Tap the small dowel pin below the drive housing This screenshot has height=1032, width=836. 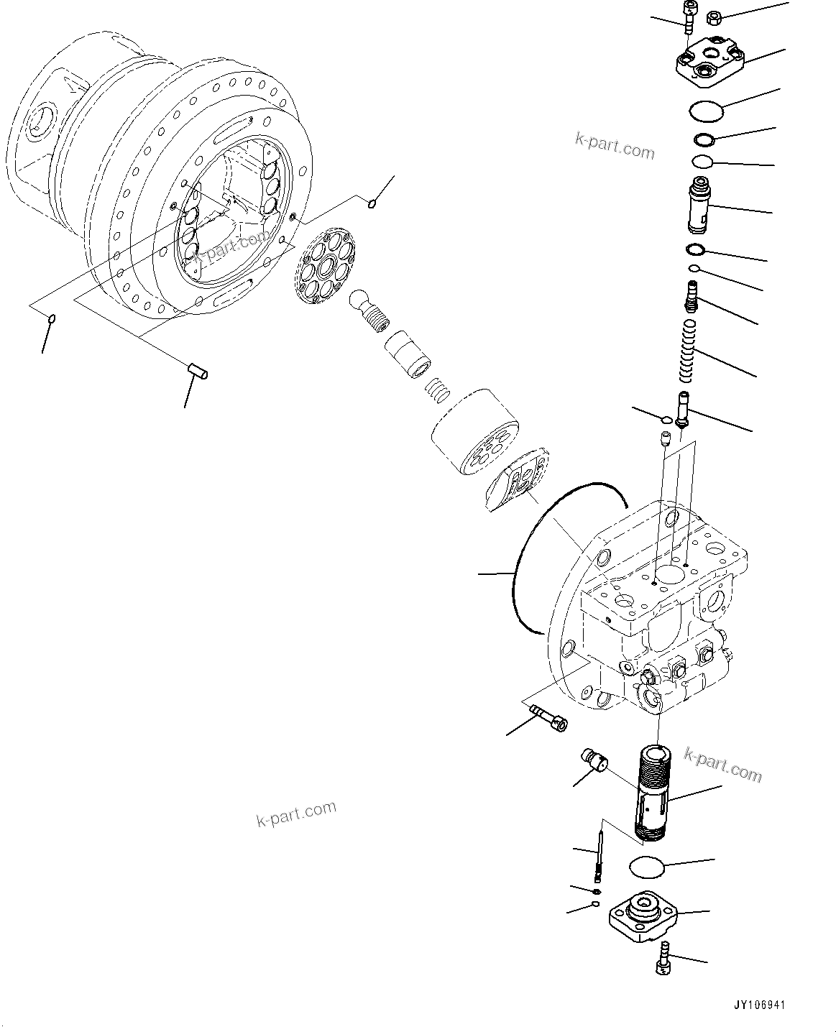coord(198,372)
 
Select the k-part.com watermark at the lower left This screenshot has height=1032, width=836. coord(296,814)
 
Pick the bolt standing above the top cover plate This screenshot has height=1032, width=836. coord(689,17)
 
